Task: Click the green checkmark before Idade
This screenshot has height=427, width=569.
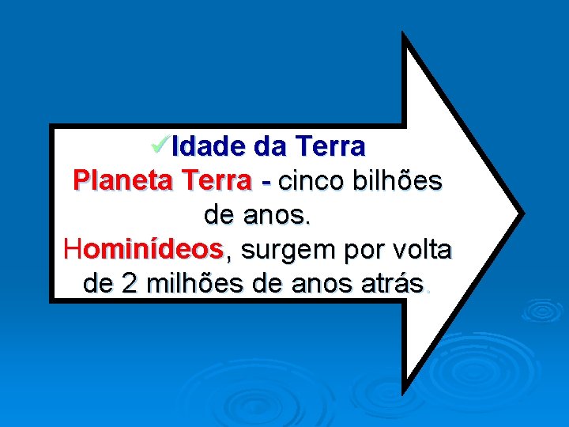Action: coord(160,144)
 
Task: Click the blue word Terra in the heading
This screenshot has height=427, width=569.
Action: coord(330,146)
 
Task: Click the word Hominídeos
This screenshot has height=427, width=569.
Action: coord(144,250)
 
